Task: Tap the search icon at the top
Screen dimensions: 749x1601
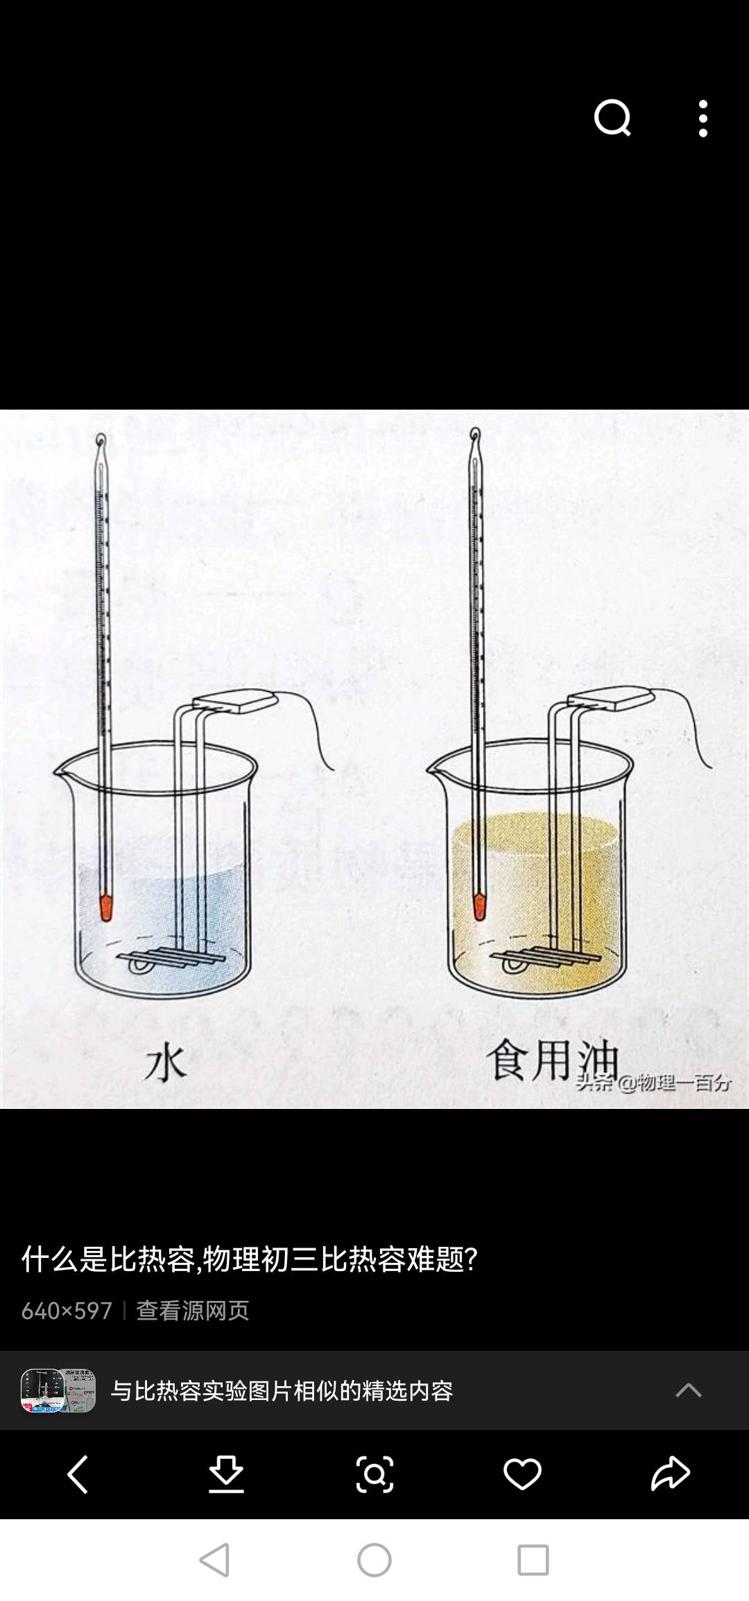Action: (612, 118)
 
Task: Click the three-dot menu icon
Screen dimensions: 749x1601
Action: (703, 118)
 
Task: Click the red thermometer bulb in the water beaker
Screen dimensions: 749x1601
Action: (105, 908)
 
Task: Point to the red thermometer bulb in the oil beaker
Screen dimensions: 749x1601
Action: (479, 907)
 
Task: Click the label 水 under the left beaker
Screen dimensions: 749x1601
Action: (165, 1064)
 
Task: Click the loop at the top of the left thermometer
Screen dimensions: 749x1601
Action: (101, 441)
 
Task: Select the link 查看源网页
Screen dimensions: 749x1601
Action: (192, 1311)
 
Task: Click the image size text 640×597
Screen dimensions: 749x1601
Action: (67, 1311)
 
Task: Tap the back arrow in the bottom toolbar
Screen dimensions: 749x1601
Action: (78, 1473)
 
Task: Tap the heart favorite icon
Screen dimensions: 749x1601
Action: (522, 1473)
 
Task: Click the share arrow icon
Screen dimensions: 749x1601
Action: (671, 1473)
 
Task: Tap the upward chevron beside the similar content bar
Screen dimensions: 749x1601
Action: (689, 1390)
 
